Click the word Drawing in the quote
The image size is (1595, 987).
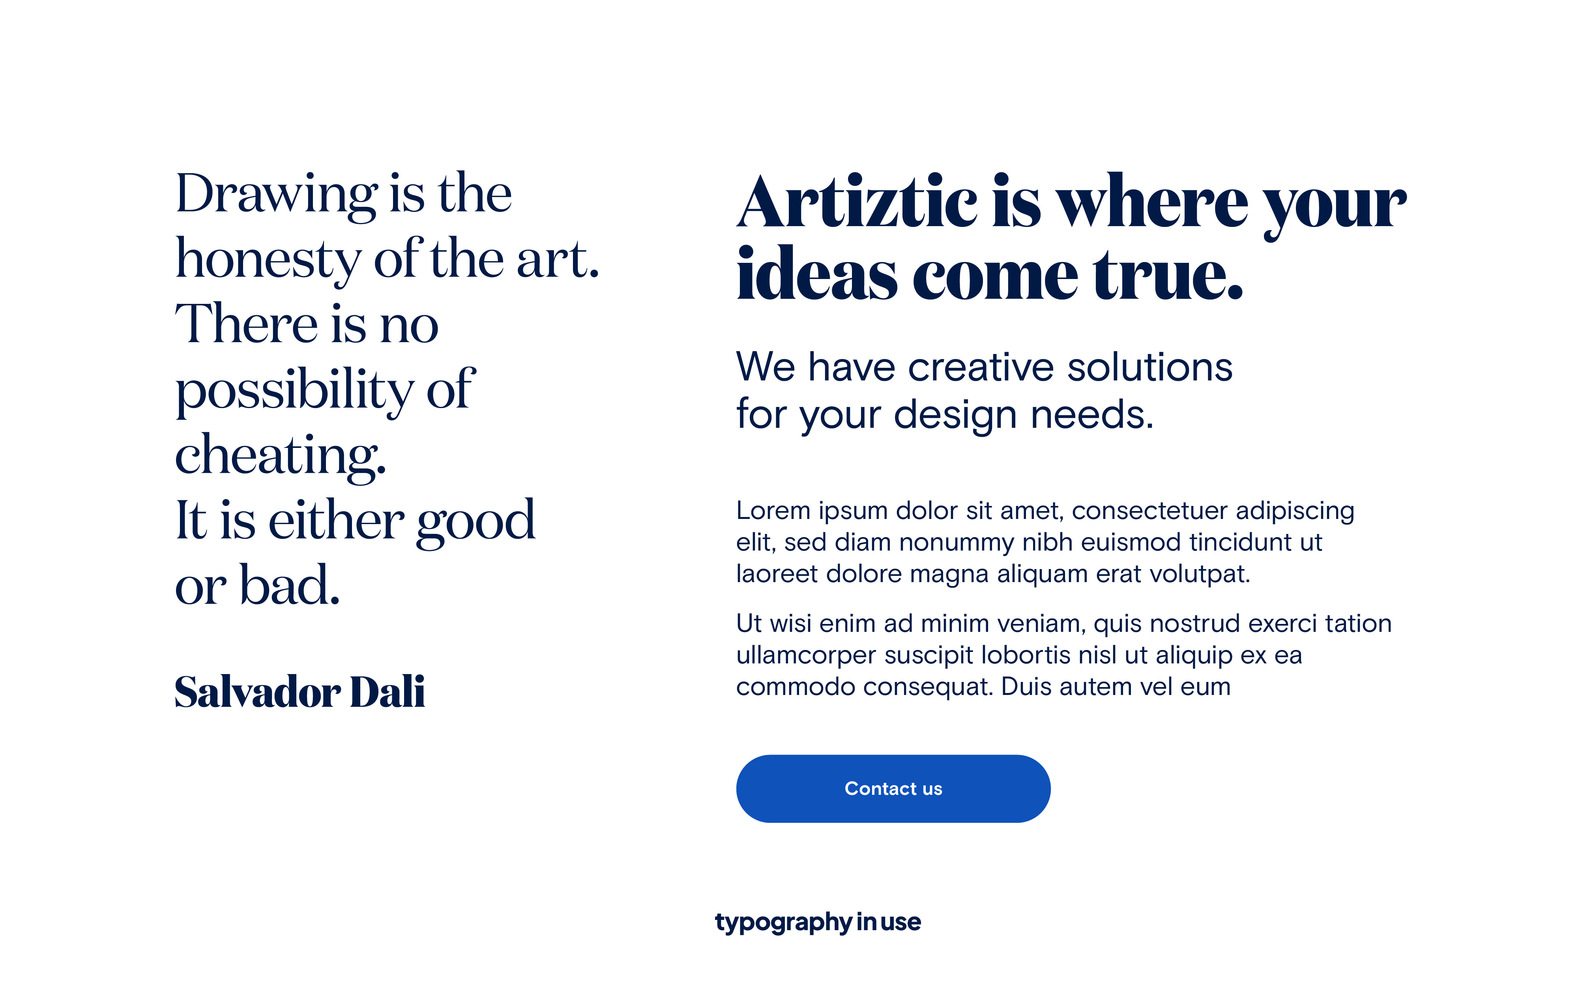[x=277, y=195]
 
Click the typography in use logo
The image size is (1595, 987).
[x=818, y=922]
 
